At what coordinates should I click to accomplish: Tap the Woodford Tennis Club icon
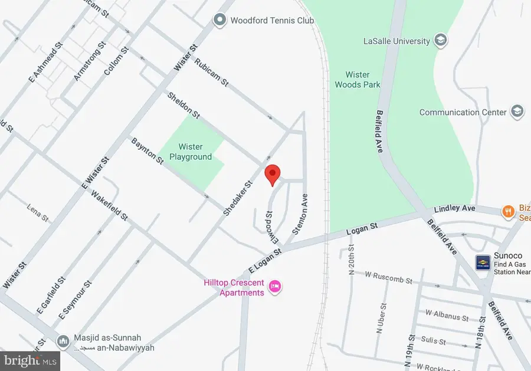[220, 21]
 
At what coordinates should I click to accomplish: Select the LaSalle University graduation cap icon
[440, 41]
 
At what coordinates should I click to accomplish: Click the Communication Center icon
[517, 111]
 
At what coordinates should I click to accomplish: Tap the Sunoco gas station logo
[483, 262]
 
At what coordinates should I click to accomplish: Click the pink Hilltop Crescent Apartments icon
[274, 287]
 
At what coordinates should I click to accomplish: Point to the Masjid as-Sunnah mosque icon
[64, 342]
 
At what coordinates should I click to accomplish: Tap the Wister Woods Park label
[358, 80]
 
